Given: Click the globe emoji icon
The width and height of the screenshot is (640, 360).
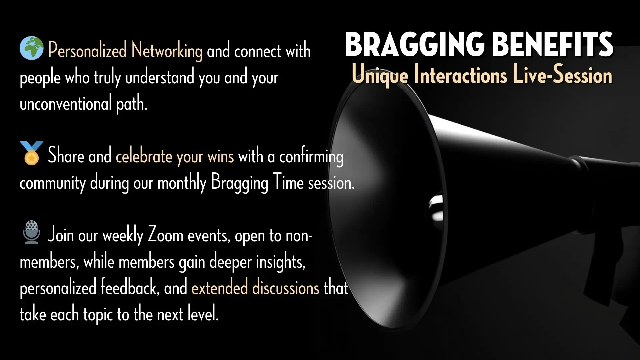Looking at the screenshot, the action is (x=31, y=48).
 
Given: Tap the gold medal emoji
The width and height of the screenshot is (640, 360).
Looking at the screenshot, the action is (x=31, y=153).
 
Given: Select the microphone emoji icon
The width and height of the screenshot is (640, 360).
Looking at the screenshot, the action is (x=32, y=232).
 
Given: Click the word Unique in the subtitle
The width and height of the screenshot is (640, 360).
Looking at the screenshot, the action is (x=380, y=75).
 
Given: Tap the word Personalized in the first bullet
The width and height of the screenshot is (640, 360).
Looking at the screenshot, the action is (x=87, y=50).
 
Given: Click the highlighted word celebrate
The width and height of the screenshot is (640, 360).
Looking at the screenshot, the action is (x=144, y=156).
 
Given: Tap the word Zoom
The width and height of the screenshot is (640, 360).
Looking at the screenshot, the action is (x=166, y=235).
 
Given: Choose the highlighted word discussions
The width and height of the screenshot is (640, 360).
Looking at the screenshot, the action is (x=286, y=287).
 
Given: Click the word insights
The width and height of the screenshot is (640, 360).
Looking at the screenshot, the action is (x=281, y=262).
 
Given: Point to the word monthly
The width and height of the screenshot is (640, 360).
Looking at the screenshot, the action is (x=182, y=183).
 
